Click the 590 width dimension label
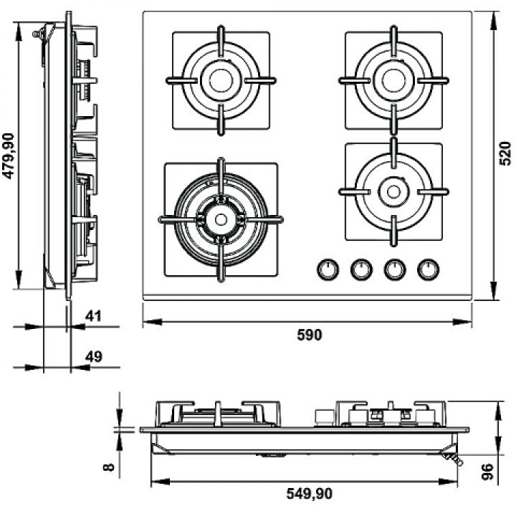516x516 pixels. click(310, 335)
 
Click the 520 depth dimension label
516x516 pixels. click(505, 153)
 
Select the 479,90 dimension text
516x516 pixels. click(8, 156)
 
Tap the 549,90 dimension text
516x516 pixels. click(310, 494)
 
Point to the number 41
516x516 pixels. click(93, 316)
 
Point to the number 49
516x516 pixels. click(94, 357)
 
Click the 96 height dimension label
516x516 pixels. click(487, 472)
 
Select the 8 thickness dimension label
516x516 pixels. click(109, 467)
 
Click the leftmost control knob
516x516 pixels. click(328, 269)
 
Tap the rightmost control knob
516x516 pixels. click(428, 269)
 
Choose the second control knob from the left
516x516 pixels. click(361, 269)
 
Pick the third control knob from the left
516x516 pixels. click(395, 269)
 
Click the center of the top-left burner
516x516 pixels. click(221, 80)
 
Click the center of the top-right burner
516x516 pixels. click(393, 80)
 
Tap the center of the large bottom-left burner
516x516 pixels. click(221, 219)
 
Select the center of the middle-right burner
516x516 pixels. click(393, 191)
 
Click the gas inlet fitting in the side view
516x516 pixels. click(39, 34)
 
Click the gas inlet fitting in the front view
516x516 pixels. click(454, 459)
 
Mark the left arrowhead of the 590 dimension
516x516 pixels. click(153, 322)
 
